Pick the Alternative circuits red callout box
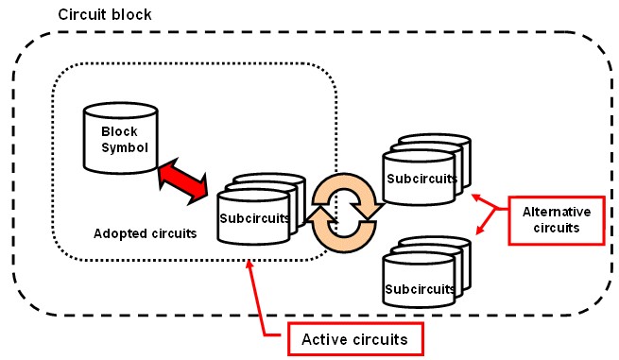tap(557, 220)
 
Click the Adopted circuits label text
tap(140, 232)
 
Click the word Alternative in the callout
tap(557, 213)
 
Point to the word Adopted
tap(117, 232)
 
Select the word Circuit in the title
tap(78, 16)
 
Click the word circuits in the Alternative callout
tap(557, 229)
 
